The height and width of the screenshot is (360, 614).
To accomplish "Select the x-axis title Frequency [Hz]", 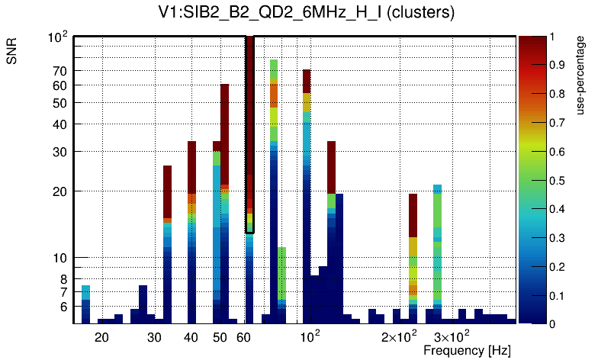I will click(x=467, y=350).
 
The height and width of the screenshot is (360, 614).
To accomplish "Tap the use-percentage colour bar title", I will click(x=580, y=74).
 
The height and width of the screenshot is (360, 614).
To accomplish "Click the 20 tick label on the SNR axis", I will click(x=60, y=191).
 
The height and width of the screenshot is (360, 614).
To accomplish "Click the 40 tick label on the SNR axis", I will click(x=60, y=124).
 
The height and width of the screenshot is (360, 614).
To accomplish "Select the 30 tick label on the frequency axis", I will click(x=154, y=336).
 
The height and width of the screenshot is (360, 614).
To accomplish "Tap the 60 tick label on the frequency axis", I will click(x=244, y=336).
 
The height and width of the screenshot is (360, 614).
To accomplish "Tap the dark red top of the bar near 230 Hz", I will click(x=413, y=215).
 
